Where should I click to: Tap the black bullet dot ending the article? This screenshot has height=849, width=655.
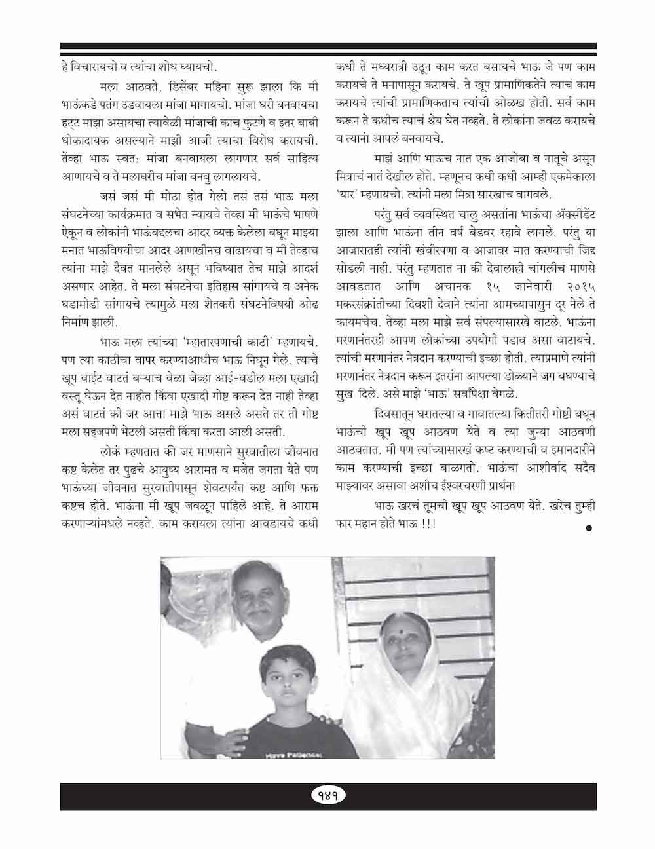click(x=589, y=527)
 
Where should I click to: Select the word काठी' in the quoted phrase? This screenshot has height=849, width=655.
click(x=246, y=341)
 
